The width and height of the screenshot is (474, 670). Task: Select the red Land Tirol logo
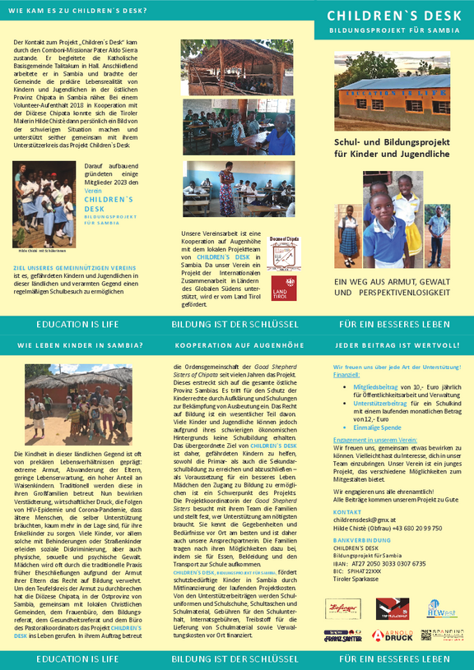coord(284,288)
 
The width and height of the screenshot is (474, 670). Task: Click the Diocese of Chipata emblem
coord(284,253)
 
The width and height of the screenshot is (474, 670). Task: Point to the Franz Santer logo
coord(343,635)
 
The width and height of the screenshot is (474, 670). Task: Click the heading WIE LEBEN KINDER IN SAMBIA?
coord(81,346)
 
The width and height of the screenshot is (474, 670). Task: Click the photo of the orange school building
coord(392,86)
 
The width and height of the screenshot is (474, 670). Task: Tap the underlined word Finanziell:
coord(347,374)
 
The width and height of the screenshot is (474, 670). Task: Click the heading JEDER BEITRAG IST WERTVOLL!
coord(392,346)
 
